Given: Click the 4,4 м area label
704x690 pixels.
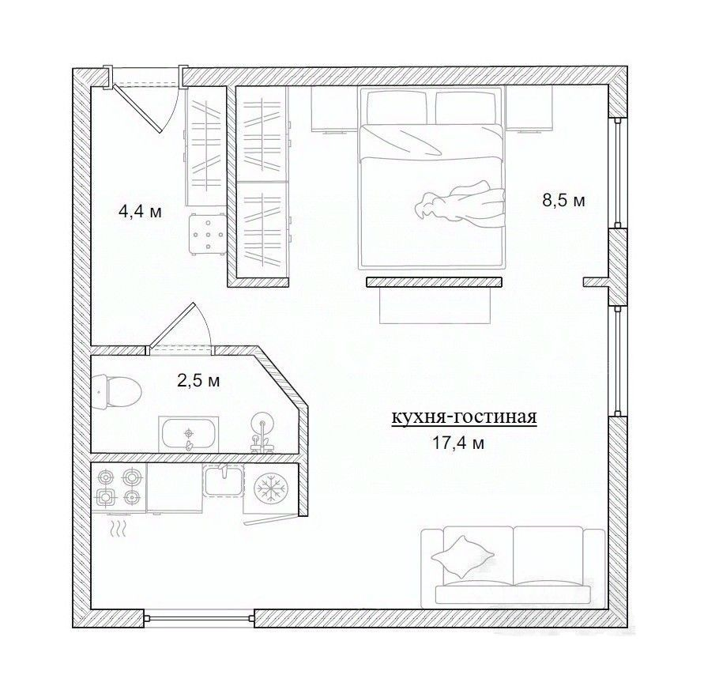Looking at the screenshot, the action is point(140,211).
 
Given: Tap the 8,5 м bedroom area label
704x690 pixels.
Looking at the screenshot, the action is point(564,200).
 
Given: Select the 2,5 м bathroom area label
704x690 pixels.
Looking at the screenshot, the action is point(198,381).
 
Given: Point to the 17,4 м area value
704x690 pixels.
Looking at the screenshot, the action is point(458,443).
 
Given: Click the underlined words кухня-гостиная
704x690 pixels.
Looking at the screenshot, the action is point(465,417).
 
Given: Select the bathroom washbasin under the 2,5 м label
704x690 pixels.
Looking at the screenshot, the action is point(189,433).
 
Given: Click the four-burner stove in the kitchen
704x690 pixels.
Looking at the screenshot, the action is point(119,488).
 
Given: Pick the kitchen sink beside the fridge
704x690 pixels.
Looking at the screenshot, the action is point(224,481).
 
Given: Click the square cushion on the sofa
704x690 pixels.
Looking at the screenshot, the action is point(462,556).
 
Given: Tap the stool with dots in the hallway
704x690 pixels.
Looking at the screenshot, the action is point(207,234).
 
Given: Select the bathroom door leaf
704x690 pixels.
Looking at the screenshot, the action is point(171,326).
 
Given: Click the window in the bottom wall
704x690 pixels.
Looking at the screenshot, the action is point(199,304).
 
